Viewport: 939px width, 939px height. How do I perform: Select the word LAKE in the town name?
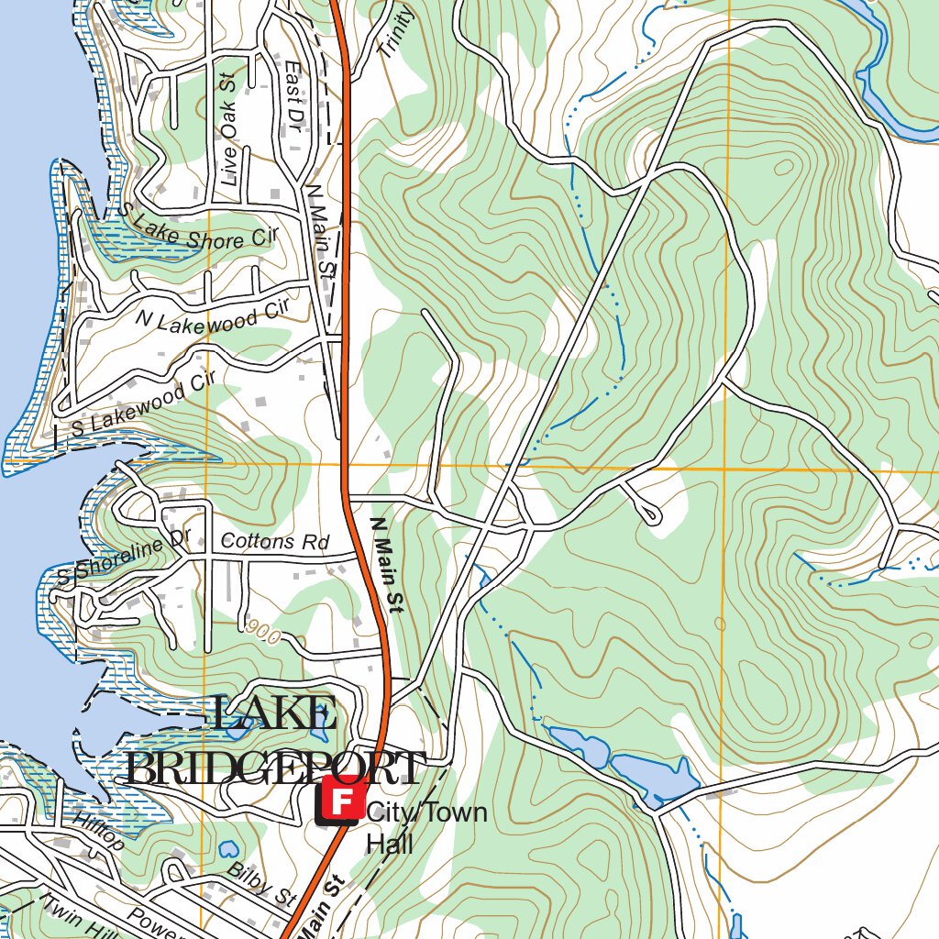point(273,715)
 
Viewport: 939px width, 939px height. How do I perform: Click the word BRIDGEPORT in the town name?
point(275,768)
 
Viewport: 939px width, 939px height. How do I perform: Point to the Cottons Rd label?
point(274,542)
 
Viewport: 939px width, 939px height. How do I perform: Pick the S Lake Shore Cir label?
point(196,229)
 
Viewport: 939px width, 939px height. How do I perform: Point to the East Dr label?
point(293,99)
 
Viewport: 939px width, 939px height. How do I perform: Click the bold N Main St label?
point(386,565)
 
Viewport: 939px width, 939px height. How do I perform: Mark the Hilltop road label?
point(99,831)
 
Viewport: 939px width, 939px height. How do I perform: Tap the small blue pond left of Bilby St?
point(227,850)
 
